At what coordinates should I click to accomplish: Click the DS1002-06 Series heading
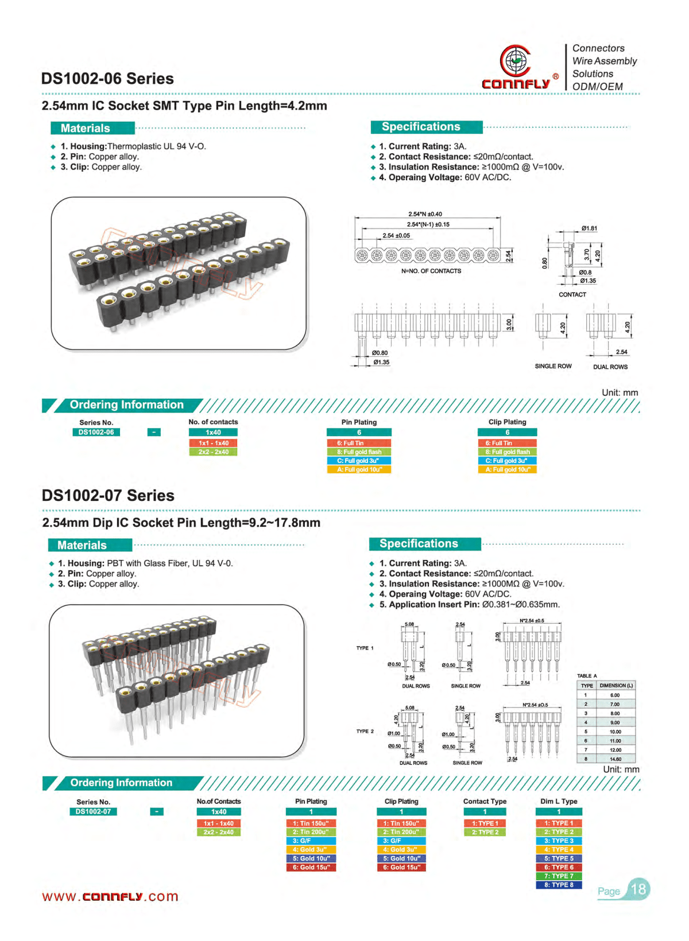[107, 79]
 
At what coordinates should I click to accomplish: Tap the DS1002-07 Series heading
[108, 495]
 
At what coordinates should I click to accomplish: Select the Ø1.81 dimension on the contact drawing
[589, 228]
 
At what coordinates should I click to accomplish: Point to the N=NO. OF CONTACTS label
[431, 271]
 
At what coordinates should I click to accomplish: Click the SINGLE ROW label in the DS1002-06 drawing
[553, 366]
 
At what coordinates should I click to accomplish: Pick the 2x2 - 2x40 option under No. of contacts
[214, 452]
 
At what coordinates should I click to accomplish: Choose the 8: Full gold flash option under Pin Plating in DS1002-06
[359, 452]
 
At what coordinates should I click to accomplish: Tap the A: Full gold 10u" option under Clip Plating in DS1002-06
[507, 469]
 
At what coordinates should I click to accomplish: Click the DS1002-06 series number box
[96, 432]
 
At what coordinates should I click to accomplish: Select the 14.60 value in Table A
[615, 759]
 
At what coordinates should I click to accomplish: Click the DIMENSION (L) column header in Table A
[616, 686]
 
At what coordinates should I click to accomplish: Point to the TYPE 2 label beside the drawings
[365, 732]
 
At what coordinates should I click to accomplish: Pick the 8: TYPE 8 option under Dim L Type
[559, 885]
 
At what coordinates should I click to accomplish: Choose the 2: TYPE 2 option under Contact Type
[485, 832]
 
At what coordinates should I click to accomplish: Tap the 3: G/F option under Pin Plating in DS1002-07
[311, 841]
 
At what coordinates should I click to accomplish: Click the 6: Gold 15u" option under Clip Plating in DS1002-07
[401, 867]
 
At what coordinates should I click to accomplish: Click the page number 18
[638, 889]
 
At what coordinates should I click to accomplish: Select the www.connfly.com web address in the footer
[110, 896]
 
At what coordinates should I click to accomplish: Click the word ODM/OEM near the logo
[597, 87]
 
